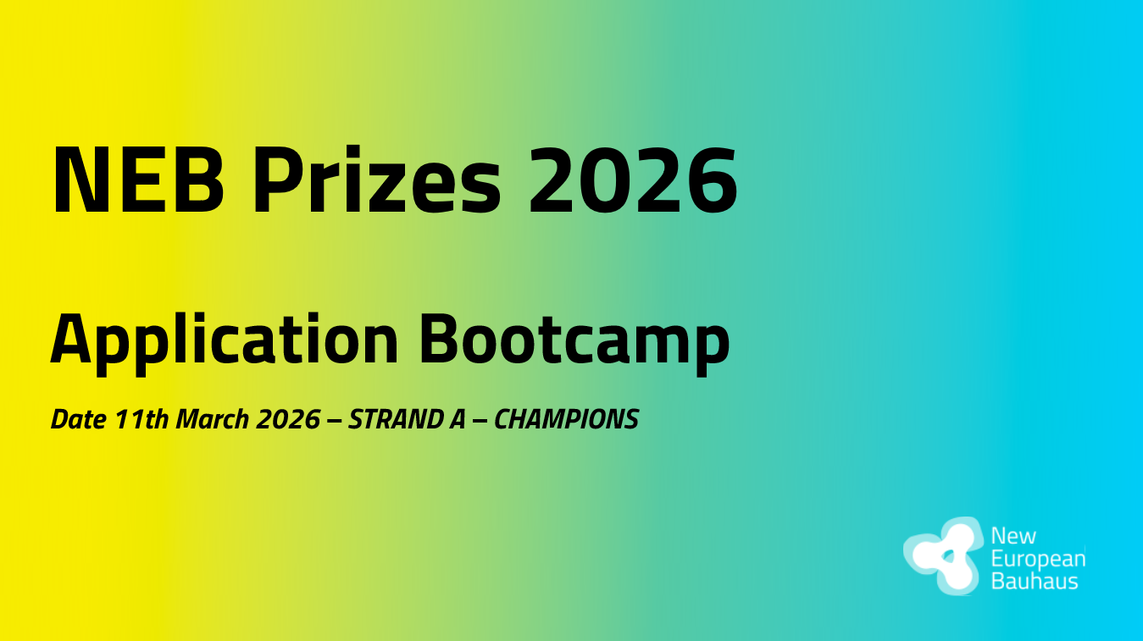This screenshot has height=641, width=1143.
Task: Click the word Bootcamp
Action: [x=575, y=339]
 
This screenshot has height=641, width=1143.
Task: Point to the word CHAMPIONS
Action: [x=566, y=420]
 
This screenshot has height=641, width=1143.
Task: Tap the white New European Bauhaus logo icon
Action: [x=942, y=555]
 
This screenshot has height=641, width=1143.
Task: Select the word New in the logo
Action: [x=1013, y=537]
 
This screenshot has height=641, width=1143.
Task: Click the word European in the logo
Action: [x=1038, y=560]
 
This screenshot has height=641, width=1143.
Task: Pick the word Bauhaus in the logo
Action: [x=1035, y=582]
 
